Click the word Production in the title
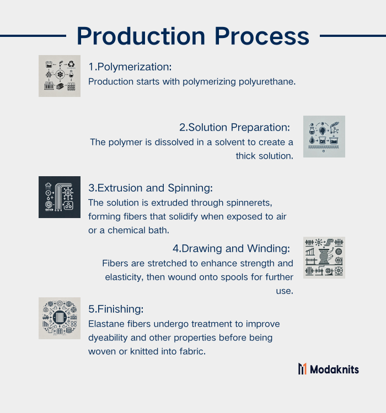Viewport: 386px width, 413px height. tap(141, 36)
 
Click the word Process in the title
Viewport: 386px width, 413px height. tap(262, 36)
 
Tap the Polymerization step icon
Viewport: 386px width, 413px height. tap(60, 76)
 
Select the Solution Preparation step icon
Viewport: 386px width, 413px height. tap(324, 137)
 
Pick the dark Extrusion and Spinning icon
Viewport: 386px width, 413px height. tap(60, 197)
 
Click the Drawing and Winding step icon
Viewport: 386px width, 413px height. tap(324, 258)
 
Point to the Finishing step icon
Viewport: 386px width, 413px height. tap(60, 318)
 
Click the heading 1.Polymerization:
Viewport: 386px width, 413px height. tap(130, 67)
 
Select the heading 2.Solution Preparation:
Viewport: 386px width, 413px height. tap(234, 128)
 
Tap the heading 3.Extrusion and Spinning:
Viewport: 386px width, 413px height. tap(151, 188)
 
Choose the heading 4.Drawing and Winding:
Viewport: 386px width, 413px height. tap(231, 249)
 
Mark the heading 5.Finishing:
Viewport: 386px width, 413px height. tap(116, 309)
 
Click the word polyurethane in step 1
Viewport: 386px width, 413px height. tap(267, 82)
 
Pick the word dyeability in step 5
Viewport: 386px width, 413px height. tap(108, 338)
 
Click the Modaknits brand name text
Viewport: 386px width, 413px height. tap(334, 369)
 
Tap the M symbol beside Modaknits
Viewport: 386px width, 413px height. tap(302, 369)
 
